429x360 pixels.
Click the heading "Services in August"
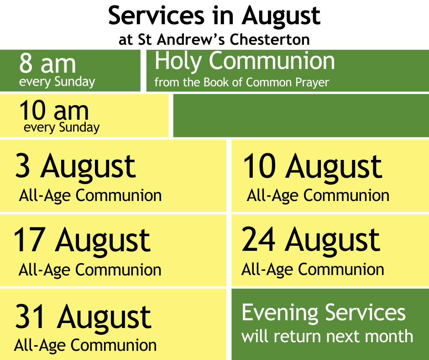click(x=214, y=16)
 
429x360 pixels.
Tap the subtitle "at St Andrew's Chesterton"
click(x=214, y=39)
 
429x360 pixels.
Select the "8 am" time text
click(x=47, y=64)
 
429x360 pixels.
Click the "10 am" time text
click(x=54, y=110)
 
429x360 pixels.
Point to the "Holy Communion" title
click(x=245, y=61)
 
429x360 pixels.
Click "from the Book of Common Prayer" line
click(x=241, y=83)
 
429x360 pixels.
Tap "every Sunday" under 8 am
click(x=57, y=82)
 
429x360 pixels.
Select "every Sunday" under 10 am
click(x=62, y=127)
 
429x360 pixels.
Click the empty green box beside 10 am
click(x=301, y=115)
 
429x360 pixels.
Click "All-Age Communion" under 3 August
click(x=90, y=196)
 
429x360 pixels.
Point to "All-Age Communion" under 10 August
click(x=318, y=196)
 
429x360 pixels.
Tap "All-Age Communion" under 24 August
click(x=313, y=270)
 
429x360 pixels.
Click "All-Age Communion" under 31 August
click(x=85, y=345)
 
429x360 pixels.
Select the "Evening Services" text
click(x=324, y=312)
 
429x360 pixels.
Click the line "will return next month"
click(x=327, y=336)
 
